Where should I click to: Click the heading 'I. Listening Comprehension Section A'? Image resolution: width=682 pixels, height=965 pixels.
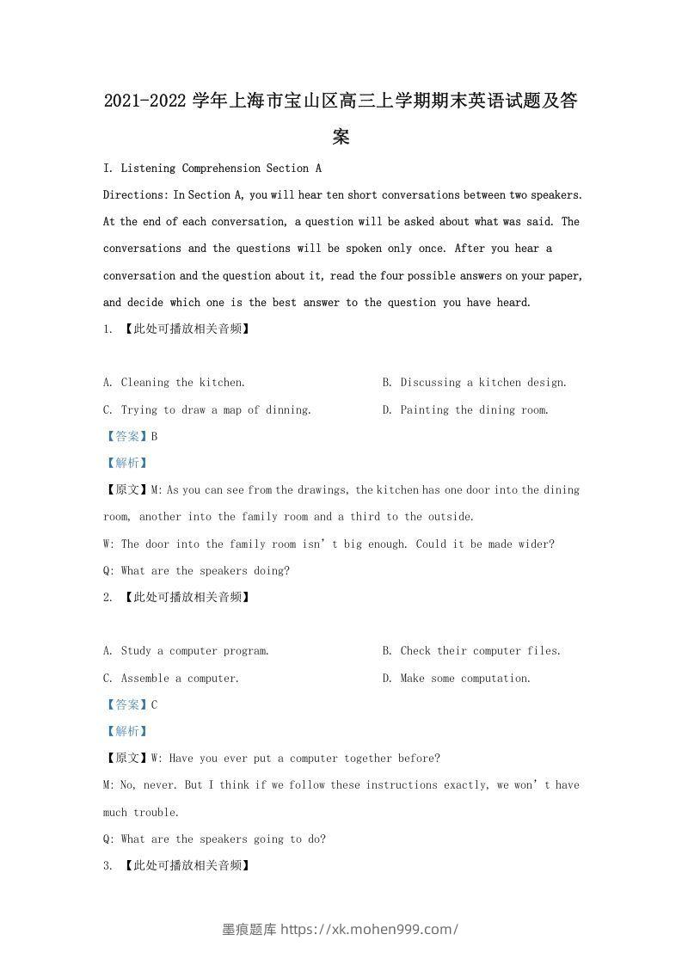[212, 168]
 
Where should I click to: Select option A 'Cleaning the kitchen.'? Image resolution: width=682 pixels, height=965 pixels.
[174, 382]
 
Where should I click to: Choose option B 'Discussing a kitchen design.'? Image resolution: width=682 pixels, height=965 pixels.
[474, 382]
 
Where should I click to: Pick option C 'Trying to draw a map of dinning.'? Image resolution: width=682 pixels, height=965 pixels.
[206, 409]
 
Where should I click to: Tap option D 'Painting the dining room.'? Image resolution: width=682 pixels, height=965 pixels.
[465, 409]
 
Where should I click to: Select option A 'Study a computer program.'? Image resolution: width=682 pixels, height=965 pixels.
[186, 650]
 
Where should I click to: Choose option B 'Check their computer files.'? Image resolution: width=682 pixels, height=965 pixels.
[471, 650]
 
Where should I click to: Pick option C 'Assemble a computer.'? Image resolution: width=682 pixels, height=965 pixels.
[170, 678]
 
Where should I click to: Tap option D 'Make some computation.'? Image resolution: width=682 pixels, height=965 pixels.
[457, 678]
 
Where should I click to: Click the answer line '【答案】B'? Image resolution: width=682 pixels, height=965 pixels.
[131, 436]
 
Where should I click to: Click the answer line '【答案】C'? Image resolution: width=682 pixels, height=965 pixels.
[131, 704]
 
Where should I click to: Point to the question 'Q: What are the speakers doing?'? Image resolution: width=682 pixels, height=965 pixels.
[196, 570]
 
